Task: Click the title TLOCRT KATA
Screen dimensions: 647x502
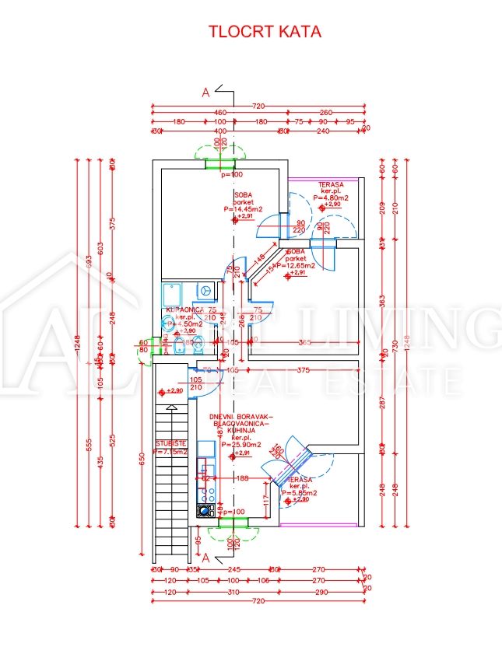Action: click(264, 32)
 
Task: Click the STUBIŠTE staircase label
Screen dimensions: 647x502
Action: click(170, 444)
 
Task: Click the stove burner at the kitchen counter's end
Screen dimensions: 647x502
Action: click(205, 510)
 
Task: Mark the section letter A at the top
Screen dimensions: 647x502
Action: click(206, 93)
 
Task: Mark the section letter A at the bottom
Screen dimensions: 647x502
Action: click(206, 558)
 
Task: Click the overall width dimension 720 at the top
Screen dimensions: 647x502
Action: click(258, 105)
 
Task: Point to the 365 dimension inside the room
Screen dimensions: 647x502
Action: click(306, 342)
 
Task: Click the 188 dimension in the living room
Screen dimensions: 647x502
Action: click(241, 479)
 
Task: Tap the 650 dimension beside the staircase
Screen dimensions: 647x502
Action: click(142, 460)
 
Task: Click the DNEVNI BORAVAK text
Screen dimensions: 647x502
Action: click(241, 418)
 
